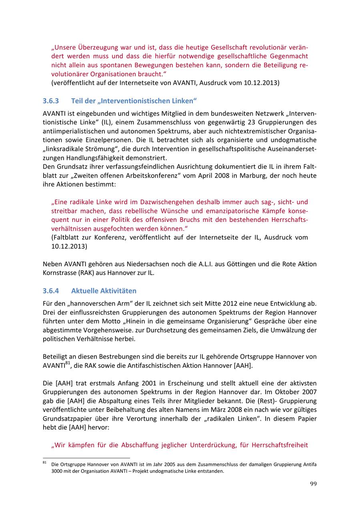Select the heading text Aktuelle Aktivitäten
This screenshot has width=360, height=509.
(x=104, y=291)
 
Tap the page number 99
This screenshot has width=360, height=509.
(x=313, y=484)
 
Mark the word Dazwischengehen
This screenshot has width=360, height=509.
(x=164, y=202)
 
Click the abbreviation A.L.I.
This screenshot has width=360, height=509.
(x=210, y=264)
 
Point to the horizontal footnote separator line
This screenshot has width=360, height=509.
(x=86, y=457)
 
